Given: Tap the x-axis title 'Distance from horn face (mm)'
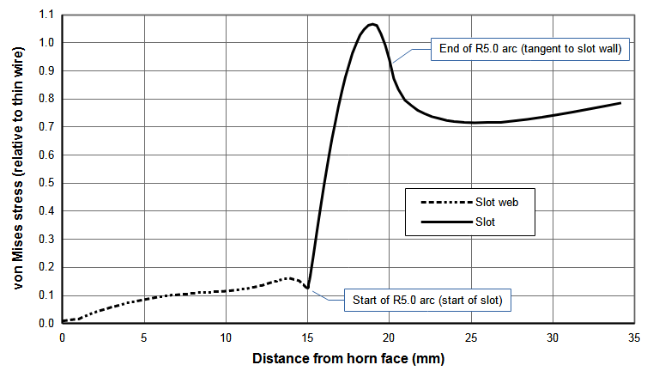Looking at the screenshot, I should (348, 357).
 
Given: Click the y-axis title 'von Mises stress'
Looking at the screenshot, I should (18, 169).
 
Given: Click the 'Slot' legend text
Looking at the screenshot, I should (486, 222).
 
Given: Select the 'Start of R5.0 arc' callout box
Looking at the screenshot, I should (428, 301).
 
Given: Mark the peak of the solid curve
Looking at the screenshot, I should (372, 24).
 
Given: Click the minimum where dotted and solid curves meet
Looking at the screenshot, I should (307, 288).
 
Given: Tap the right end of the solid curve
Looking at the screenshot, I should (620, 103).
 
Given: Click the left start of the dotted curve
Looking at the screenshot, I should (63, 321).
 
